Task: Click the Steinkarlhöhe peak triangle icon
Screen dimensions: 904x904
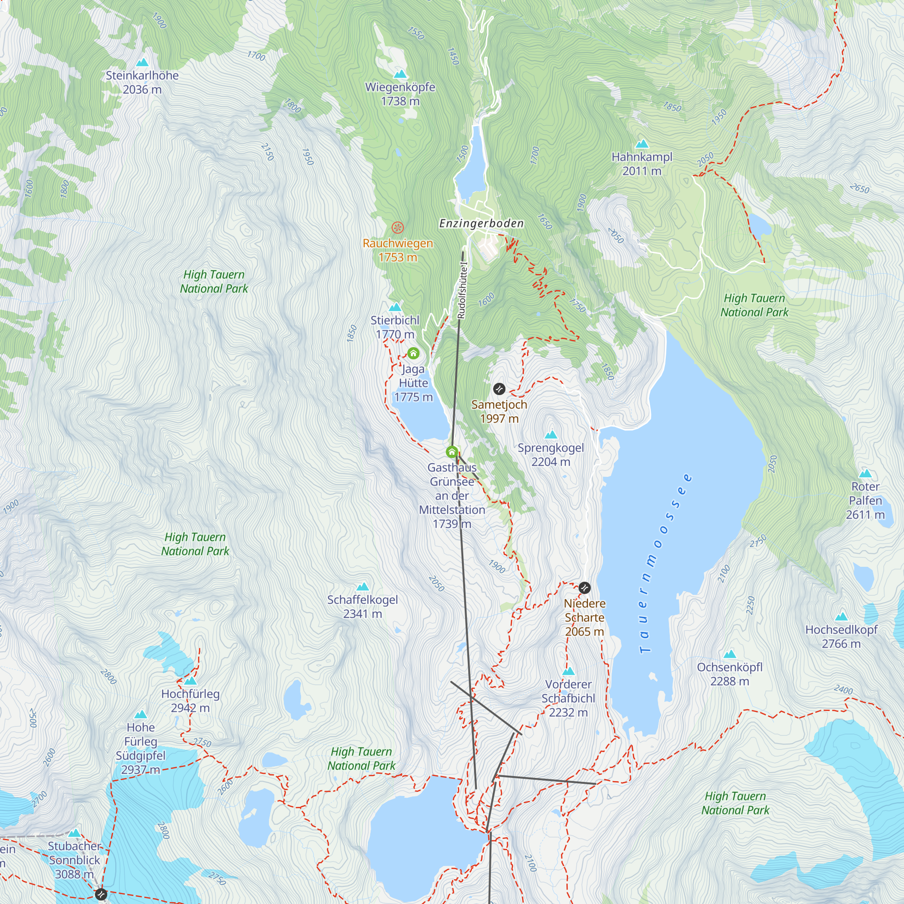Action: [142, 62]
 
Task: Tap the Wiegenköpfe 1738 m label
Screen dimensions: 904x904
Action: [400, 94]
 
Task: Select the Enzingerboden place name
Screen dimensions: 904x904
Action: [481, 223]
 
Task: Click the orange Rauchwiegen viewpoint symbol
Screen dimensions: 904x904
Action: [397, 228]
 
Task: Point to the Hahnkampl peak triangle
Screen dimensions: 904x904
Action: [642, 144]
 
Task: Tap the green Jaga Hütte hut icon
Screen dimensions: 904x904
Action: [413, 353]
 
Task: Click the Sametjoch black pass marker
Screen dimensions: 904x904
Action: [499, 389]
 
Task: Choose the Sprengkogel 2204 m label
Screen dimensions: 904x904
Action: [551, 454]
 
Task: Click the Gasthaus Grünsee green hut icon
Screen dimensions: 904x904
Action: [452, 452]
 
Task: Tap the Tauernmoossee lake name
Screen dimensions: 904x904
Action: [664, 564]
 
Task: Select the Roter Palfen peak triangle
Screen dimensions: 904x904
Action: [865, 473]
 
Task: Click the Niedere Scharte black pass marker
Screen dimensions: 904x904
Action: [584, 588]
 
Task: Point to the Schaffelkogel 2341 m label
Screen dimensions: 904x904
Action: [363, 607]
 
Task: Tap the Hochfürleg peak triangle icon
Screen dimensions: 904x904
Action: [190, 681]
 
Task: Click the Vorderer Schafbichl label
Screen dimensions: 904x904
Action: [568, 698]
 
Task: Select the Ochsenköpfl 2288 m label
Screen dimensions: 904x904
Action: [730, 674]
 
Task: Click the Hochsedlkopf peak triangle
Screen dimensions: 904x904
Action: [841, 616]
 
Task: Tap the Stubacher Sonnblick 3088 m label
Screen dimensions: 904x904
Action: [75, 860]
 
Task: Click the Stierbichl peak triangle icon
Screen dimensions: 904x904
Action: [395, 307]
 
